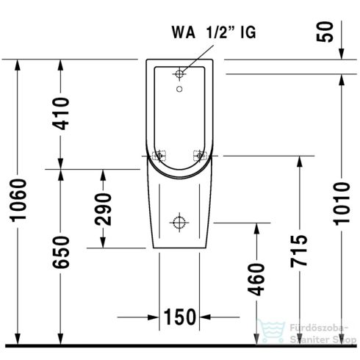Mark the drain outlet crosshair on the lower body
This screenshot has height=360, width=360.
(179, 221)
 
